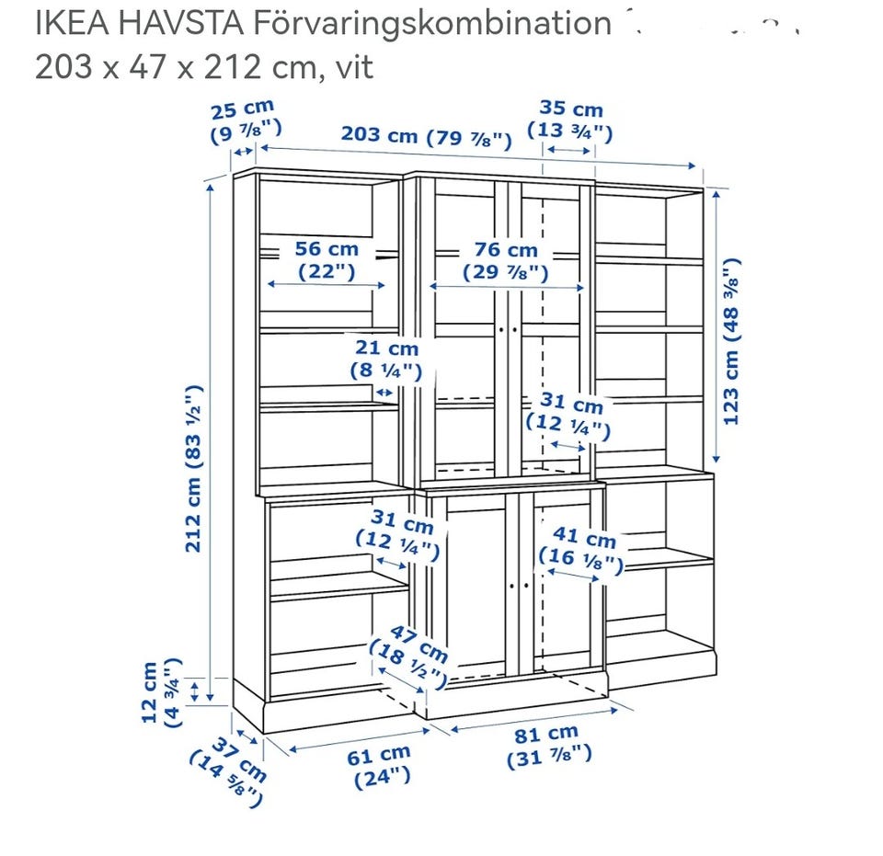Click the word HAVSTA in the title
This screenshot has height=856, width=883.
[x=181, y=24]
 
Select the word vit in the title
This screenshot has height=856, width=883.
[x=354, y=67]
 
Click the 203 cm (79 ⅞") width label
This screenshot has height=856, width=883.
[x=426, y=137]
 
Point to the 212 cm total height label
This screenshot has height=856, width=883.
[x=193, y=468]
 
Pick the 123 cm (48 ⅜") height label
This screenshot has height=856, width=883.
[x=731, y=342]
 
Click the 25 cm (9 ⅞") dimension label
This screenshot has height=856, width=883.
[x=245, y=120]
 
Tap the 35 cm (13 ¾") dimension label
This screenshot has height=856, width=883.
[x=570, y=120]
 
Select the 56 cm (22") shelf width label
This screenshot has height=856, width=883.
[x=327, y=260]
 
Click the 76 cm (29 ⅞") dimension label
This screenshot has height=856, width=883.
[x=506, y=261]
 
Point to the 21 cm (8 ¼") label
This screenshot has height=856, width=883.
[x=386, y=360]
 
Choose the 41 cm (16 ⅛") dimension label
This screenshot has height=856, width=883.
[x=581, y=551]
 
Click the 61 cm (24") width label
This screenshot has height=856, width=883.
[x=379, y=767]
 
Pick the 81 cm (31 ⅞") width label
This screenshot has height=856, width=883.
[x=548, y=747]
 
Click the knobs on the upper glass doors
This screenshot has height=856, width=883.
[x=508, y=330]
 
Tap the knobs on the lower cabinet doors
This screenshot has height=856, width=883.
[x=519, y=586]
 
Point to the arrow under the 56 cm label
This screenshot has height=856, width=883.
[x=326, y=285]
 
